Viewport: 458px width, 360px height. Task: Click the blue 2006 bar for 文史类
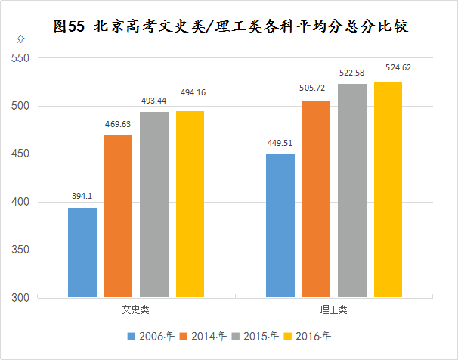82,253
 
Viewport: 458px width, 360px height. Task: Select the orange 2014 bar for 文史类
118,216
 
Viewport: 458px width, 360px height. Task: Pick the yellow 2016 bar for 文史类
190,204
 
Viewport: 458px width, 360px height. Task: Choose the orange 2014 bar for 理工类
316,199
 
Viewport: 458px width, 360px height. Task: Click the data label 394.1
82,197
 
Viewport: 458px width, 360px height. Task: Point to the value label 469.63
119,124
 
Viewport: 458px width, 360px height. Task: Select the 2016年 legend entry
309,335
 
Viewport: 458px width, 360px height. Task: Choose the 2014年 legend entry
204,335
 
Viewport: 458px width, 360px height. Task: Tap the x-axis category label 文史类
136,310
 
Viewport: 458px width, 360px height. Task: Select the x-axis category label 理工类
334,310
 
